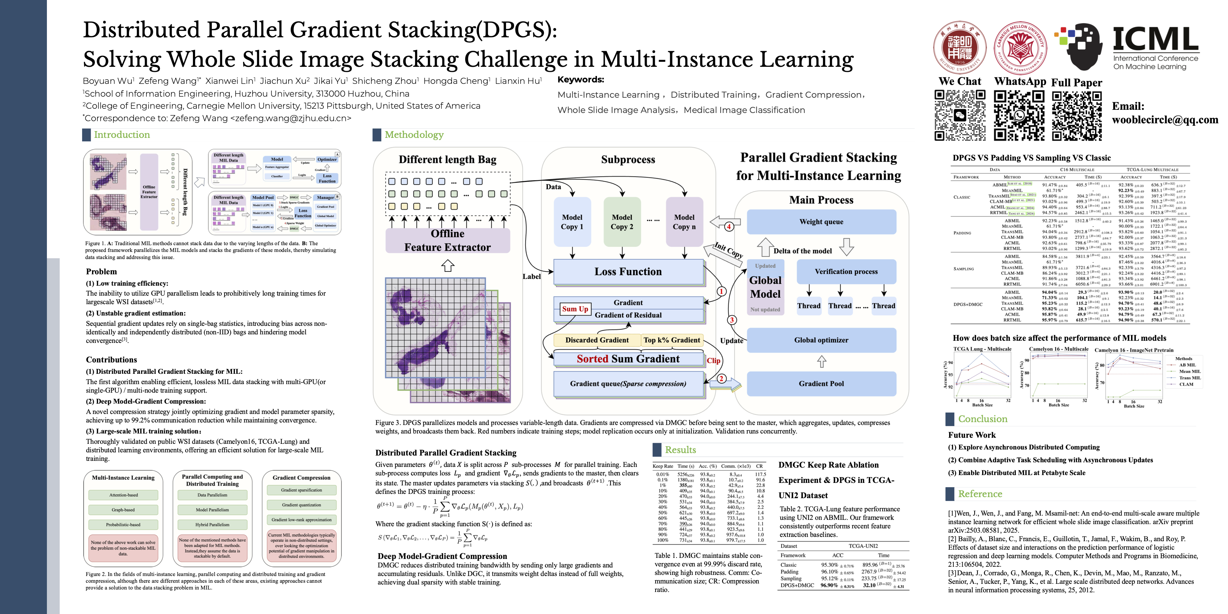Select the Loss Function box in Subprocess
click(x=628, y=272)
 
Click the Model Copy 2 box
click(x=621, y=222)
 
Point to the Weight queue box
click(x=821, y=222)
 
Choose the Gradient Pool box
click(x=821, y=384)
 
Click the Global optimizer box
click(x=821, y=340)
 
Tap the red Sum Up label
click(x=575, y=309)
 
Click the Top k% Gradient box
click(x=672, y=340)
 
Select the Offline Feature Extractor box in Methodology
click(x=447, y=240)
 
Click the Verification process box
click(x=846, y=272)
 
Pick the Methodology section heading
click(x=414, y=135)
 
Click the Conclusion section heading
click(x=982, y=419)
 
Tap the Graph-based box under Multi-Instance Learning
click(x=123, y=510)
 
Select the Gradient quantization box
click(x=301, y=505)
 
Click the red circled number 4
click(x=729, y=227)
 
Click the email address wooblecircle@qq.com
click(x=1165, y=120)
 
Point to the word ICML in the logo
click(x=1155, y=39)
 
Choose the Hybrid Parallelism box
click(x=212, y=524)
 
